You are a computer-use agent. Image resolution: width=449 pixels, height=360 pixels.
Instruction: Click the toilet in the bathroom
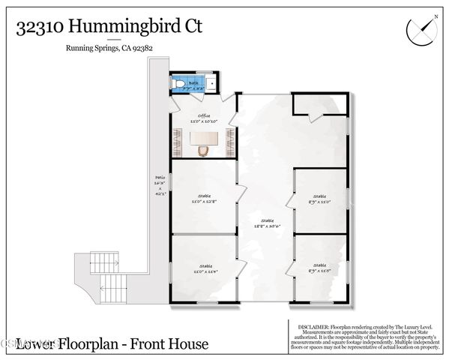point(178,84)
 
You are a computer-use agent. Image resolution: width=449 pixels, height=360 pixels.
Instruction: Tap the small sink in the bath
point(212,84)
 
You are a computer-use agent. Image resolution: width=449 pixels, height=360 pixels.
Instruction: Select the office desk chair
point(203,151)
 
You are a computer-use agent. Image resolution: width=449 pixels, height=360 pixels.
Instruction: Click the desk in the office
point(203,138)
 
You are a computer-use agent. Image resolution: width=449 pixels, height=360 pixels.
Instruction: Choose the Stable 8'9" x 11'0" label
point(319,199)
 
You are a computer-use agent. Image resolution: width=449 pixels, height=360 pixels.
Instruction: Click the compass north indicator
point(420,29)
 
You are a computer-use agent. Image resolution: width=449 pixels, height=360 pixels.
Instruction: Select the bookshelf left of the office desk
point(178,140)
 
